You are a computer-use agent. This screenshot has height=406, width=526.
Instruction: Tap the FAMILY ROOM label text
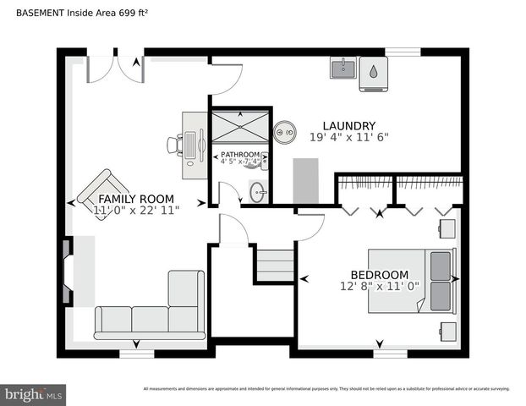(136, 199)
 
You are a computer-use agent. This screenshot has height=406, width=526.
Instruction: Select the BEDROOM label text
(380, 275)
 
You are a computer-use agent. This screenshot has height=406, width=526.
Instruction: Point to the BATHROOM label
(240, 155)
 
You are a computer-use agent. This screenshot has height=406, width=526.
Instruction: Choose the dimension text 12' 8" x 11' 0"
(380, 287)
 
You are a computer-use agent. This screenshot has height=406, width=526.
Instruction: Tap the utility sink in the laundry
(343, 68)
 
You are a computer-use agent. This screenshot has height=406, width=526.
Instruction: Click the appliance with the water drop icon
(374, 74)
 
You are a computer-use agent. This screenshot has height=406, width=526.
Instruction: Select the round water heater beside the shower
(284, 130)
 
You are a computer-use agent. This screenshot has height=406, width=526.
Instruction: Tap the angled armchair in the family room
(103, 193)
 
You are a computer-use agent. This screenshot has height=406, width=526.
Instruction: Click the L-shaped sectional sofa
(152, 313)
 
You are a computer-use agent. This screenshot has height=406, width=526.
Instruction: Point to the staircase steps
(275, 264)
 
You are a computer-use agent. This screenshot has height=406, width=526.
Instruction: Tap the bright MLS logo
(34, 394)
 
